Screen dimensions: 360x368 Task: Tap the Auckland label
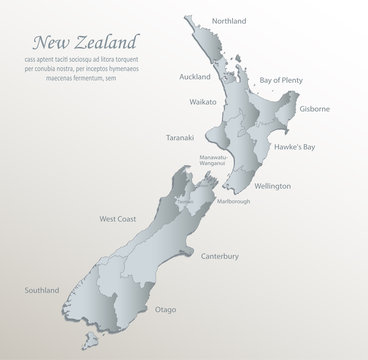point(194,77)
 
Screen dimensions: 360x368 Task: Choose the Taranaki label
point(185,138)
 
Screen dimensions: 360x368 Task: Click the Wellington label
point(272,186)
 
